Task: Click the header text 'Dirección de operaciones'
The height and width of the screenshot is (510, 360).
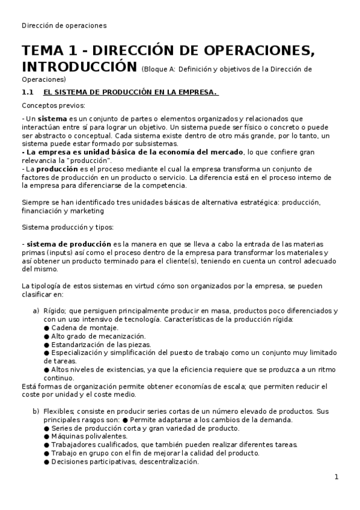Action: pos(64,25)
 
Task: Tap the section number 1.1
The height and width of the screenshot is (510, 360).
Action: pos(26,92)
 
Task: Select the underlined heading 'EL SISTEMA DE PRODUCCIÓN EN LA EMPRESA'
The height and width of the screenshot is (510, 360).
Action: pos(130,92)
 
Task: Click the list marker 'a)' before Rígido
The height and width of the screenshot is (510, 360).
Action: pos(35,310)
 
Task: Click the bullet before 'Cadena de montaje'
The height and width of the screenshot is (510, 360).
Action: pos(46,327)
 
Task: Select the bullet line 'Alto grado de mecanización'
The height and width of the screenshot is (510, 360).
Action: pos(98,336)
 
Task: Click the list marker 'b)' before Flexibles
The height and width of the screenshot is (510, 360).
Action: pos(35,411)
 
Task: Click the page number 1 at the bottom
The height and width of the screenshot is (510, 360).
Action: pos(337,477)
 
